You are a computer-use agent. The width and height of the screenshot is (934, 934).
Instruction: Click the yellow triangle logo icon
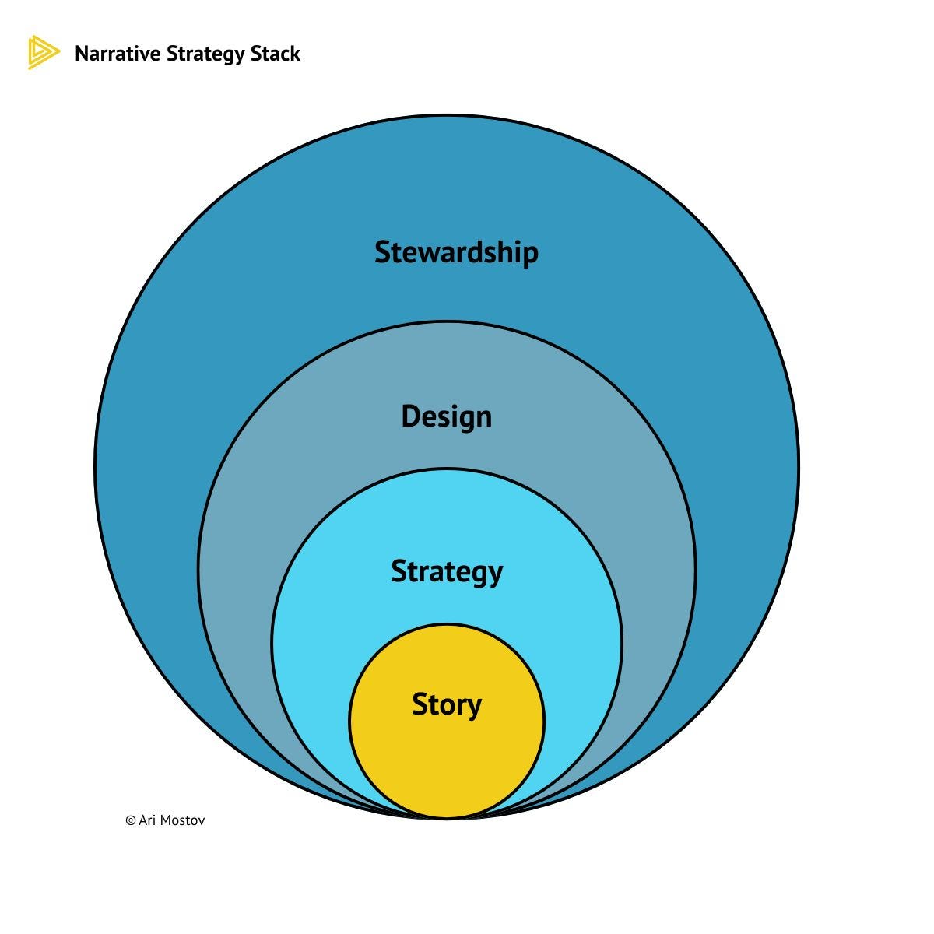point(42,53)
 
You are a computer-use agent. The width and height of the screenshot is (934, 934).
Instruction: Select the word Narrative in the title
point(118,54)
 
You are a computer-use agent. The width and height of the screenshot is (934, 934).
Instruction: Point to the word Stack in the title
point(277,54)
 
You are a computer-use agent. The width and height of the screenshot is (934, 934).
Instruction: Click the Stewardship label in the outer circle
point(456,252)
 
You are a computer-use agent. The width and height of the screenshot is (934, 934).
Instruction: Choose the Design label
point(446,416)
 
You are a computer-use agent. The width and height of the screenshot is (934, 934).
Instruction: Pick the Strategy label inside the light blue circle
point(447,572)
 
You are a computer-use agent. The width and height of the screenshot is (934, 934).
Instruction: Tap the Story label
point(447,704)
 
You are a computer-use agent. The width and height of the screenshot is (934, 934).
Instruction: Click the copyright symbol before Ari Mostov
point(130,820)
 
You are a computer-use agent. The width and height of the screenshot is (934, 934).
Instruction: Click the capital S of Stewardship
point(382,252)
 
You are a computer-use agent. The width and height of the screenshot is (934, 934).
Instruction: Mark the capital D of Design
point(409,416)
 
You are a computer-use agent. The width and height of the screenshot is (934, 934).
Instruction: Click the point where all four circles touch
point(447,818)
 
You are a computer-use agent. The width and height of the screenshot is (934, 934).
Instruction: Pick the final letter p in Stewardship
point(529,255)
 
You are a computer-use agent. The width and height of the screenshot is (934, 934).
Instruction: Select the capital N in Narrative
point(81,54)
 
